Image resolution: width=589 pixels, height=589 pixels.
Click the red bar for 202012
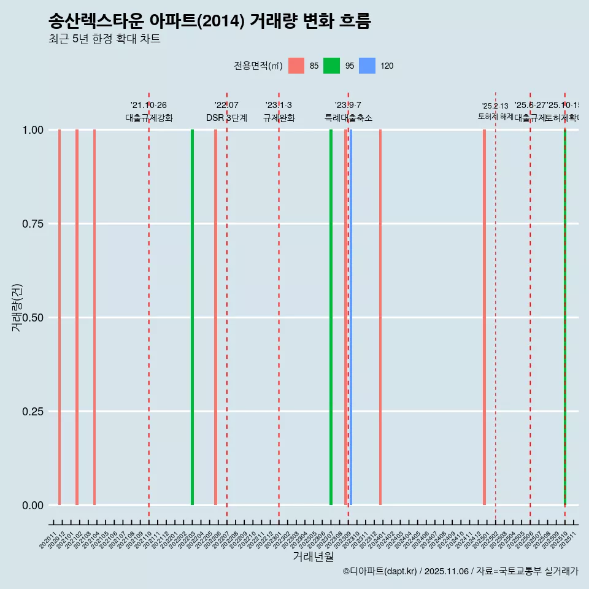pyautogui.click(x=60, y=317)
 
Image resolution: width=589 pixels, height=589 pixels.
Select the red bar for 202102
pyautogui.click(x=77, y=317)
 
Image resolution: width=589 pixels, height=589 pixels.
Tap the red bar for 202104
pyautogui.click(x=94, y=317)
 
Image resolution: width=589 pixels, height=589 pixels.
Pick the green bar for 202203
pyautogui.click(x=192, y=317)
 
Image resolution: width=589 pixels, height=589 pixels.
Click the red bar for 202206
pyautogui.click(x=215, y=317)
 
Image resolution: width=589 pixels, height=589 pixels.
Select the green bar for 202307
pyautogui.click(x=331, y=317)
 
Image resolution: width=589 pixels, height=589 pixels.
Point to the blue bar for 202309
pyautogui.click(x=350, y=317)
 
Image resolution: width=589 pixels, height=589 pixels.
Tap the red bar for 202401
pyautogui.click(x=380, y=317)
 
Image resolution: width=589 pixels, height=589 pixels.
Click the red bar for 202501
pyautogui.click(x=484, y=317)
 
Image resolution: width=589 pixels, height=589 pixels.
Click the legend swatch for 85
pyautogui.click(x=296, y=66)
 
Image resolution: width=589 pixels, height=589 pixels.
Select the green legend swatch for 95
pyautogui.click(x=331, y=66)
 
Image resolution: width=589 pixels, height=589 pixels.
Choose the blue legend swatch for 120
pyautogui.click(x=366, y=66)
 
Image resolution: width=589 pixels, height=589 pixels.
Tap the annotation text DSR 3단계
pyautogui.click(x=226, y=118)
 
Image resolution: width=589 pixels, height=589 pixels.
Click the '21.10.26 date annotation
pyautogui.click(x=148, y=106)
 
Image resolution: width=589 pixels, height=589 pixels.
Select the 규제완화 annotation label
pyautogui.click(x=279, y=118)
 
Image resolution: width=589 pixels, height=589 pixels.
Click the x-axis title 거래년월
pyautogui.click(x=314, y=556)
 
